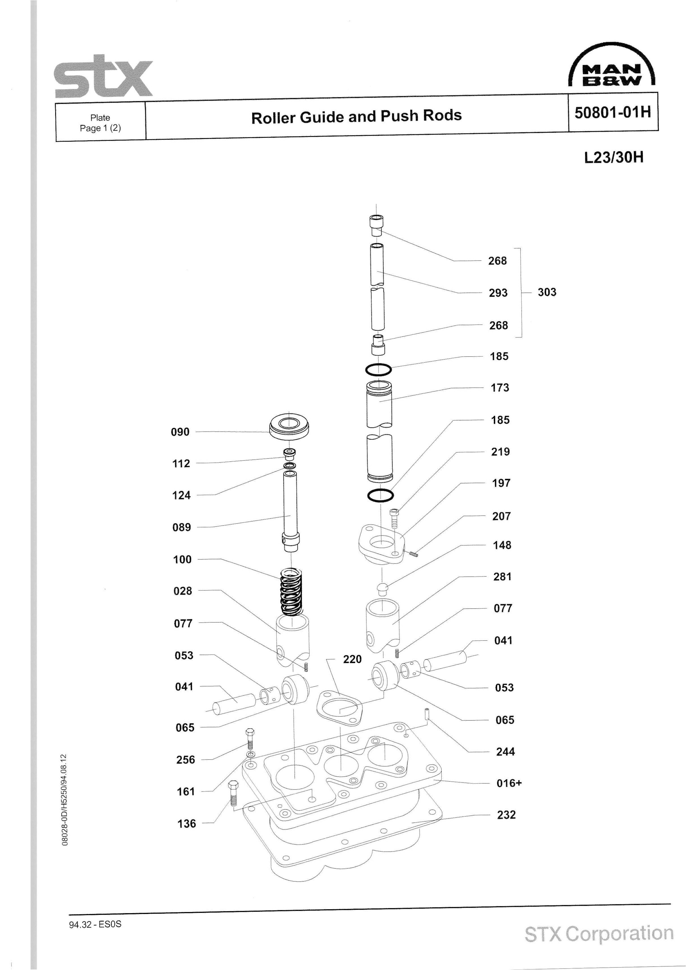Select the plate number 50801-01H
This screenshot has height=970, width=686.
[612, 112]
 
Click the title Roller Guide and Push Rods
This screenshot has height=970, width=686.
[356, 117]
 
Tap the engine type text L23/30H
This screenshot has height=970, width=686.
[614, 158]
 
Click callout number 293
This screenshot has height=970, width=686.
[498, 293]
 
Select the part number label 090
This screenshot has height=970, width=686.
[180, 432]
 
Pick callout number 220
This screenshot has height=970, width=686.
[352, 659]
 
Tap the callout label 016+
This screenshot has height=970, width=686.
[509, 783]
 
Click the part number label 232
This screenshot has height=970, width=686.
[506, 814]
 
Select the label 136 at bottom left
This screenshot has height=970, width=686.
[187, 823]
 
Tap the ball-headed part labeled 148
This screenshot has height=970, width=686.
[382, 588]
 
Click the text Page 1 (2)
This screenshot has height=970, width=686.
[100, 128]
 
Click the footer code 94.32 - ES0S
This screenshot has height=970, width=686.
[95, 924]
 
